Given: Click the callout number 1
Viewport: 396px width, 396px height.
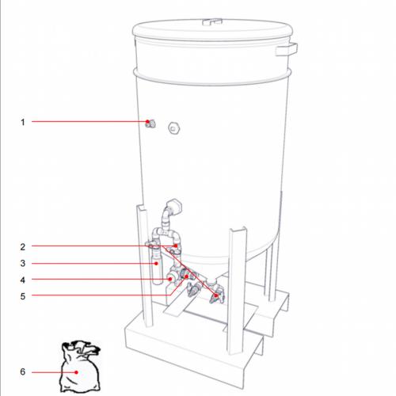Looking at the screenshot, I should click(x=23, y=121).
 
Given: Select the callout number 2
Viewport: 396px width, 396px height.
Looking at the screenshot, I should click(x=23, y=246).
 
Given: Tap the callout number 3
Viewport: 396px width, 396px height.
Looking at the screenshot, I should click(x=23, y=263).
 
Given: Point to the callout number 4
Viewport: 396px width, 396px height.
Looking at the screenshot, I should click(x=23, y=280).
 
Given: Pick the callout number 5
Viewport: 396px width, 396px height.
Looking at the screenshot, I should click(x=23, y=296).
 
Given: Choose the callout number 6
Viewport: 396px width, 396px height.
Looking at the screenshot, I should click(x=23, y=371).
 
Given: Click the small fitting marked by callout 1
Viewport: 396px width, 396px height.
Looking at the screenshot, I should click(x=150, y=123).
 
